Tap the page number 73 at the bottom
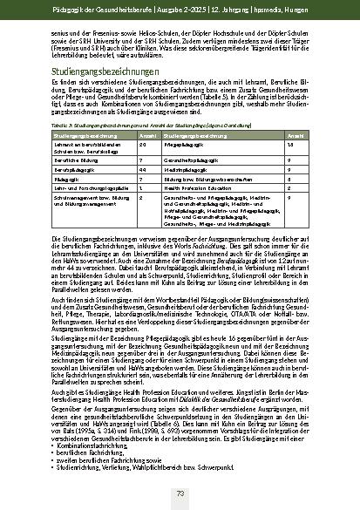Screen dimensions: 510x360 [x=180, y=494]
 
